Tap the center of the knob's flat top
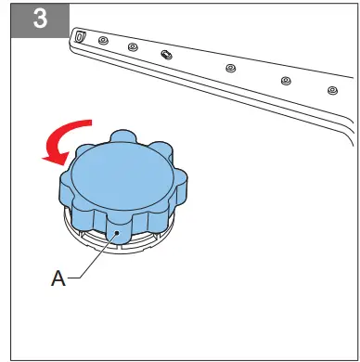(118, 174)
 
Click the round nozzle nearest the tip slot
(103, 42)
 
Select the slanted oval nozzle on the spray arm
(165, 55)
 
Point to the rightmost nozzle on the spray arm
(331, 90)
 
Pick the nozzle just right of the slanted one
(229, 68)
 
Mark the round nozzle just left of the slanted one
(133, 47)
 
